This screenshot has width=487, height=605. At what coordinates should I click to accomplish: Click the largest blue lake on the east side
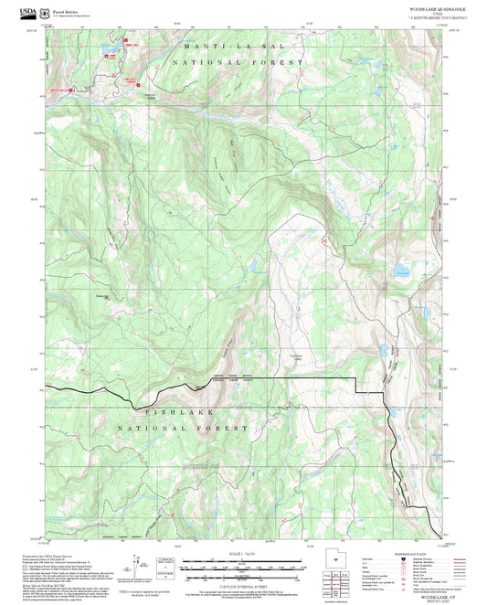click(401, 271)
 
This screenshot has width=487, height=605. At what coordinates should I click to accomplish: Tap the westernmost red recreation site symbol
click(60, 90)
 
